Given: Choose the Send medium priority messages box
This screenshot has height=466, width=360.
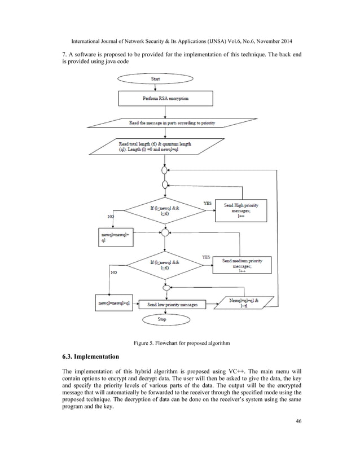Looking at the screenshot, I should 242,265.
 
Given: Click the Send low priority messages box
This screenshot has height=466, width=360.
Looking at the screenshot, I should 172,304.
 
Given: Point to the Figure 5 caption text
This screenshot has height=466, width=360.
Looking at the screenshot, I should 181,342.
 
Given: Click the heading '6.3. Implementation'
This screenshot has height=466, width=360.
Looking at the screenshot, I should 90,357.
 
